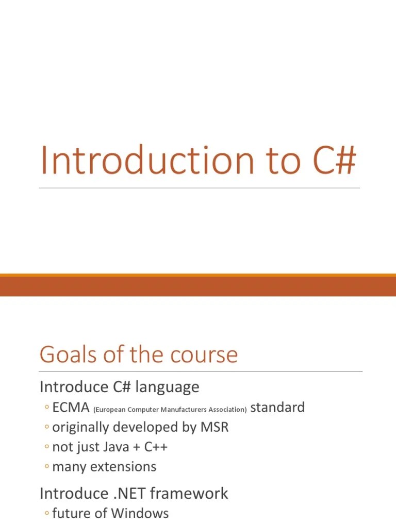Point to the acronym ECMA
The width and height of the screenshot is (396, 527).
tap(71, 408)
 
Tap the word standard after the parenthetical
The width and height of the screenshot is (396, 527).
tap(277, 408)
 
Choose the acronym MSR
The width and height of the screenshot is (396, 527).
tap(214, 427)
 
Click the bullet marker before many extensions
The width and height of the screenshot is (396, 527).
tap(46, 467)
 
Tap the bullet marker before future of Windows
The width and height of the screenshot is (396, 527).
tap(46, 513)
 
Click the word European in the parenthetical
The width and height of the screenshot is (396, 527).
tap(109, 410)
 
